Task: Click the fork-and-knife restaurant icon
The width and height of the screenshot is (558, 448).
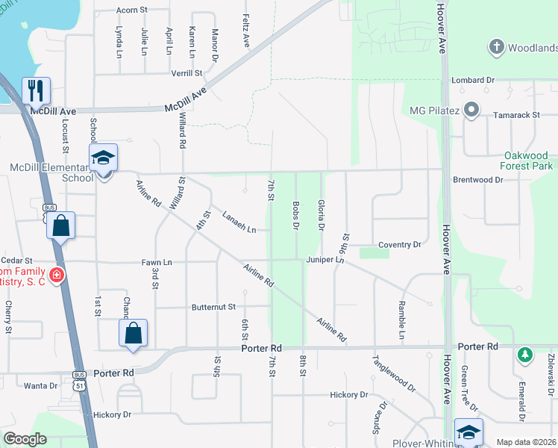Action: [36, 90]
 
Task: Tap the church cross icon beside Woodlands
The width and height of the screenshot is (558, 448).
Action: [495, 48]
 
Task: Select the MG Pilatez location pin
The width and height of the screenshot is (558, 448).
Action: [471, 111]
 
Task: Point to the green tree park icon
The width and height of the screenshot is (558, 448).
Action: [525, 354]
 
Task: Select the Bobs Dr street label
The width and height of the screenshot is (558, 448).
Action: [296, 215]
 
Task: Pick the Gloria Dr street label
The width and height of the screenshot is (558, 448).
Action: [322, 214]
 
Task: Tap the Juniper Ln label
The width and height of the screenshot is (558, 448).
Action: [325, 260]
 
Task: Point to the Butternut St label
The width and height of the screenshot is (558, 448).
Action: [213, 307]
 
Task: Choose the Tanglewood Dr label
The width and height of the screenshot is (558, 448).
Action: [394, 373]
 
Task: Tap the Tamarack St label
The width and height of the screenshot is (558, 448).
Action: [516, 116]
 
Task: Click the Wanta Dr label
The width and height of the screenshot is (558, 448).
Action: [40, 386]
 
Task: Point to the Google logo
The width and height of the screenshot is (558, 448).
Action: [25, 439]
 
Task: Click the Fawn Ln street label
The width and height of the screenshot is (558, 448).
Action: [157, 262]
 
